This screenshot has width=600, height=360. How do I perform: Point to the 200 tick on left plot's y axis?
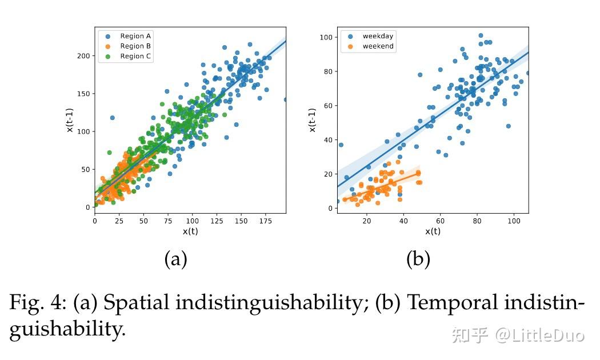83,56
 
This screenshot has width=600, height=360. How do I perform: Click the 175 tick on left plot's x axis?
265,221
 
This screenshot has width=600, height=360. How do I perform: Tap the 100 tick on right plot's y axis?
327,38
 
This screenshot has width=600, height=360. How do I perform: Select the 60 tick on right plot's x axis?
440,221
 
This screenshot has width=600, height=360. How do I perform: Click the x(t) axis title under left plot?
190,231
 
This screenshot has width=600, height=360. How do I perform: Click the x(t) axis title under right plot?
433,231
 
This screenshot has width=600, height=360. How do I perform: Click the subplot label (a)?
175,259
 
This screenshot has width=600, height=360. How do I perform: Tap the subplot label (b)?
418,259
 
